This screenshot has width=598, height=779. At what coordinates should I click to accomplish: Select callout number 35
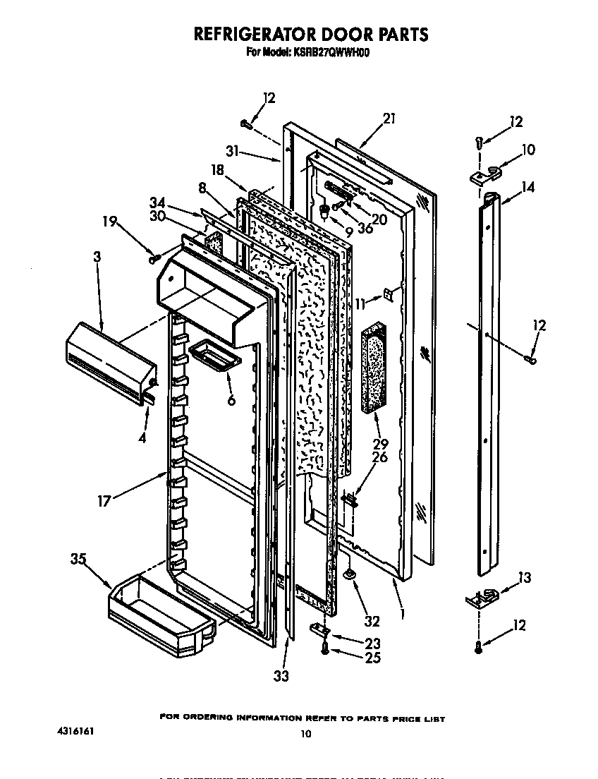[x=79, y=560]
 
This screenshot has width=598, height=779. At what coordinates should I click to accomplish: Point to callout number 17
[x=104, y=502]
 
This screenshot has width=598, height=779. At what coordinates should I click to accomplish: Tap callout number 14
[x=528, y=187]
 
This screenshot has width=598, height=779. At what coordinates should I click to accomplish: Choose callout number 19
[x=110, y=220]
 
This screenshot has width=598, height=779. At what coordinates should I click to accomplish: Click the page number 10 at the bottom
[x=305, y=734]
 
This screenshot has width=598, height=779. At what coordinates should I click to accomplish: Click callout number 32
[x=372, y=621]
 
